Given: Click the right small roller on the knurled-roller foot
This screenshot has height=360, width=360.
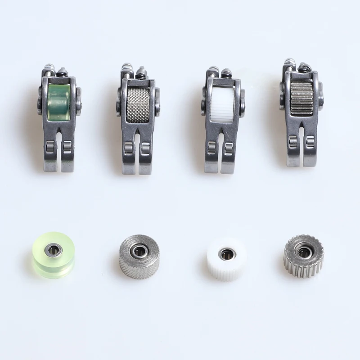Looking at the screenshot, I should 146,147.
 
